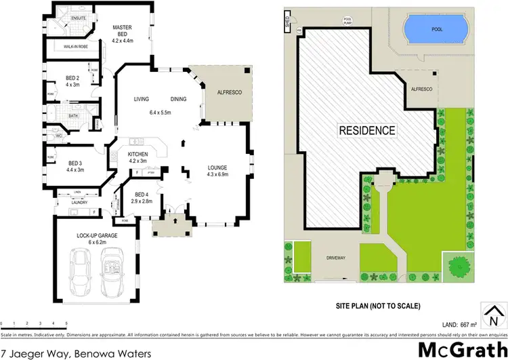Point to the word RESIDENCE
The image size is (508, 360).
tap(366, 129)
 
